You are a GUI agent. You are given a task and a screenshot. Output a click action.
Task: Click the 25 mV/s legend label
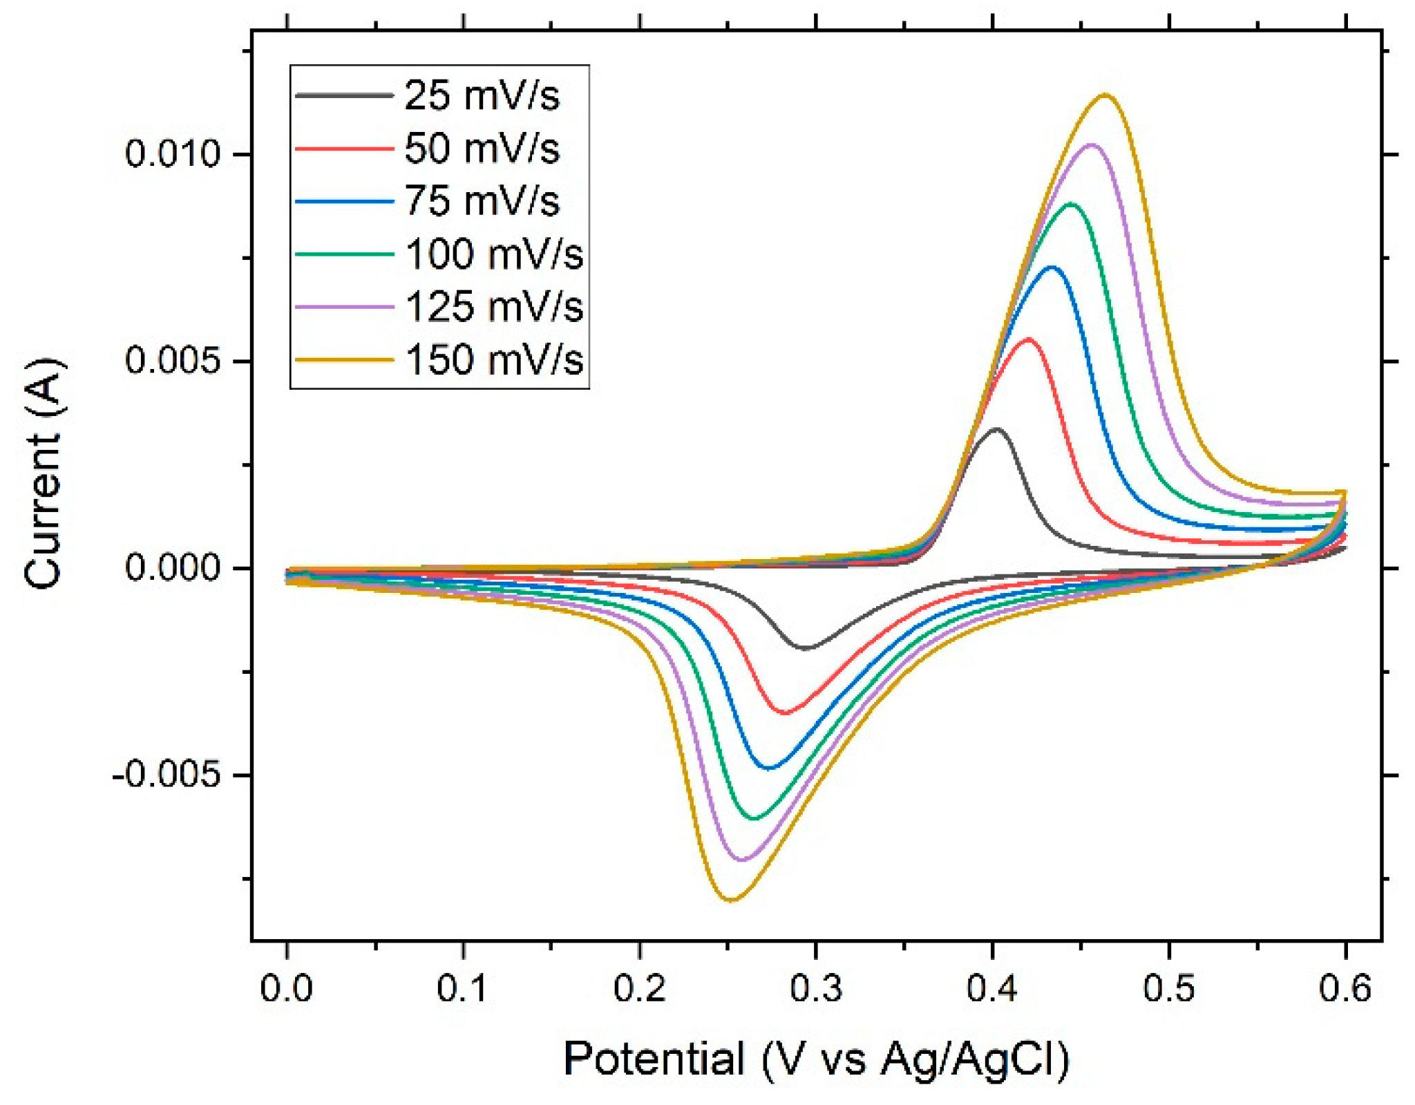pos(481,95)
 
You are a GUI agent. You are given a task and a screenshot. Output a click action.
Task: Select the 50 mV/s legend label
pos(481,148)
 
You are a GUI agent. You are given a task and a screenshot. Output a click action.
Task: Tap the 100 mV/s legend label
pos(493,254)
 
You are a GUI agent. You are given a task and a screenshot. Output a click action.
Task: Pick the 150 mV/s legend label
pos(493,359)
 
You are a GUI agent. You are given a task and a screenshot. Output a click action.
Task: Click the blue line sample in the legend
pos(343,201)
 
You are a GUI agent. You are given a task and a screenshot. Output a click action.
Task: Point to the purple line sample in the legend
pos(343,306)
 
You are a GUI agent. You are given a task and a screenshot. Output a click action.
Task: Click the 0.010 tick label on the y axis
pos(171,153)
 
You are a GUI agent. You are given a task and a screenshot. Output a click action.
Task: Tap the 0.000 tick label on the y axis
pos(171,568)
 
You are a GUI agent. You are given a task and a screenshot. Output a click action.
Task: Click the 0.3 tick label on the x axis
pos(816,989)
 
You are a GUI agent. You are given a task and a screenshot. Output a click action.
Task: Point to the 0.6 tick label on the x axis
pos(1345,989)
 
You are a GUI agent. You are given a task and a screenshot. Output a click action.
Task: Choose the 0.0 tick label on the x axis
pos(286,989)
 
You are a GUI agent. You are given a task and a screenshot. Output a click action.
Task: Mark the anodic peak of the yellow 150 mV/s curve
pos(1105,95)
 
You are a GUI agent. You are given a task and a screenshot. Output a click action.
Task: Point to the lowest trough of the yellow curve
pos(731,900)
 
